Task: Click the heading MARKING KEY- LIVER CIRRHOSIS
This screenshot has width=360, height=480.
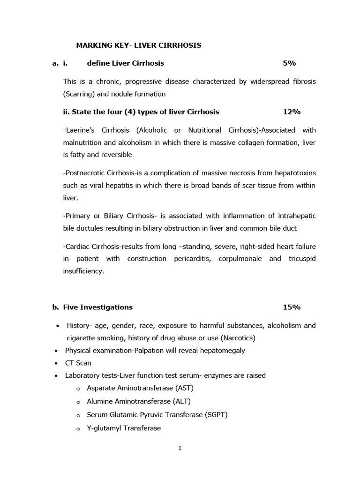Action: [139, 45]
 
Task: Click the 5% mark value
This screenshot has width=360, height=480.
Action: [289, 63]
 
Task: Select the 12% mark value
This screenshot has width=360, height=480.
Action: [292, 112]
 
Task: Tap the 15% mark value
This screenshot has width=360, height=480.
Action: [292, 307]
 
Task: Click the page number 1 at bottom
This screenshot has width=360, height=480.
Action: [180, 448]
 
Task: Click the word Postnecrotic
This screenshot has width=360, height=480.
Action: [84, 173]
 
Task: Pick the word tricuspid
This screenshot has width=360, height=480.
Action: [300, 259]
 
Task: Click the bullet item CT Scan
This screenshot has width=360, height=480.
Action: [78, 363]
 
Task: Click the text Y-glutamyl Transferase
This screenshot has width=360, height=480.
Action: [124, 428]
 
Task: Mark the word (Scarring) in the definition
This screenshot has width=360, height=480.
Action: [79, 94]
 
